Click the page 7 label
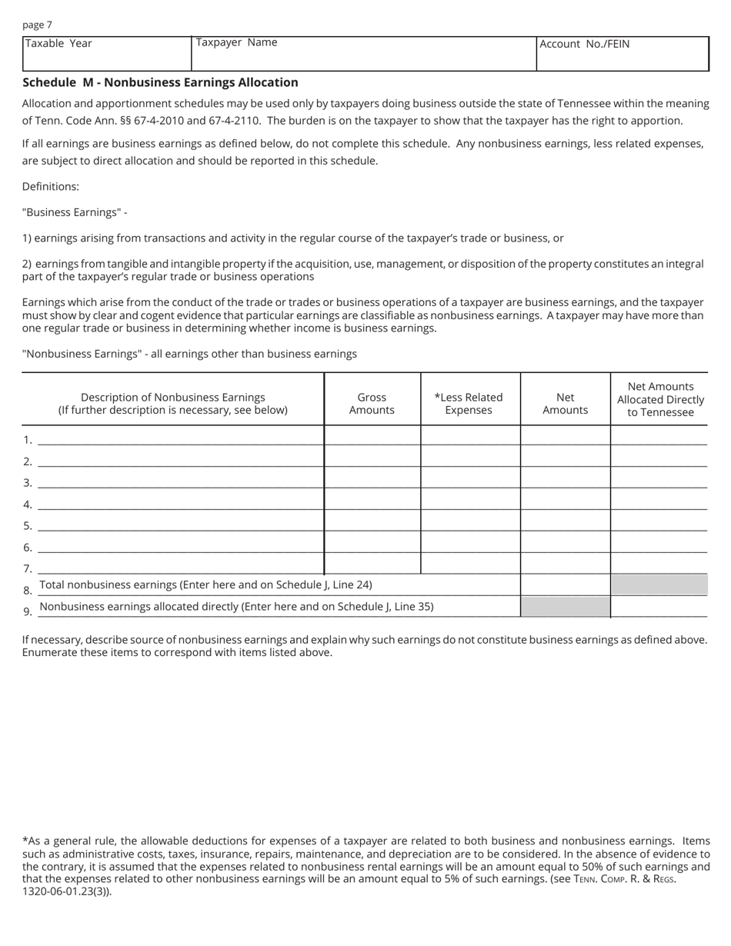pos(37,25)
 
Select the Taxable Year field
pos(106,54)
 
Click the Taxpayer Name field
pos(363,54)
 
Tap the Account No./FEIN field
pos(622,55)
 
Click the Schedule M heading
pos(160,82)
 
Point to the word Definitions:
pos(51,187)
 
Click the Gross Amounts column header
pos(372,404)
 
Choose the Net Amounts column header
pos(565,404)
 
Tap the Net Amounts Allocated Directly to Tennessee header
pos(660,400)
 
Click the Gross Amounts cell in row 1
pos(372,435)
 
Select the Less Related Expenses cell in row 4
pos(470,500)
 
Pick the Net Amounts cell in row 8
pos(565,585)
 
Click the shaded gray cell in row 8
pos(659,585)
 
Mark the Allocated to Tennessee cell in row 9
pos(659,607)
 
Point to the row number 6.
pos(27,548)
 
